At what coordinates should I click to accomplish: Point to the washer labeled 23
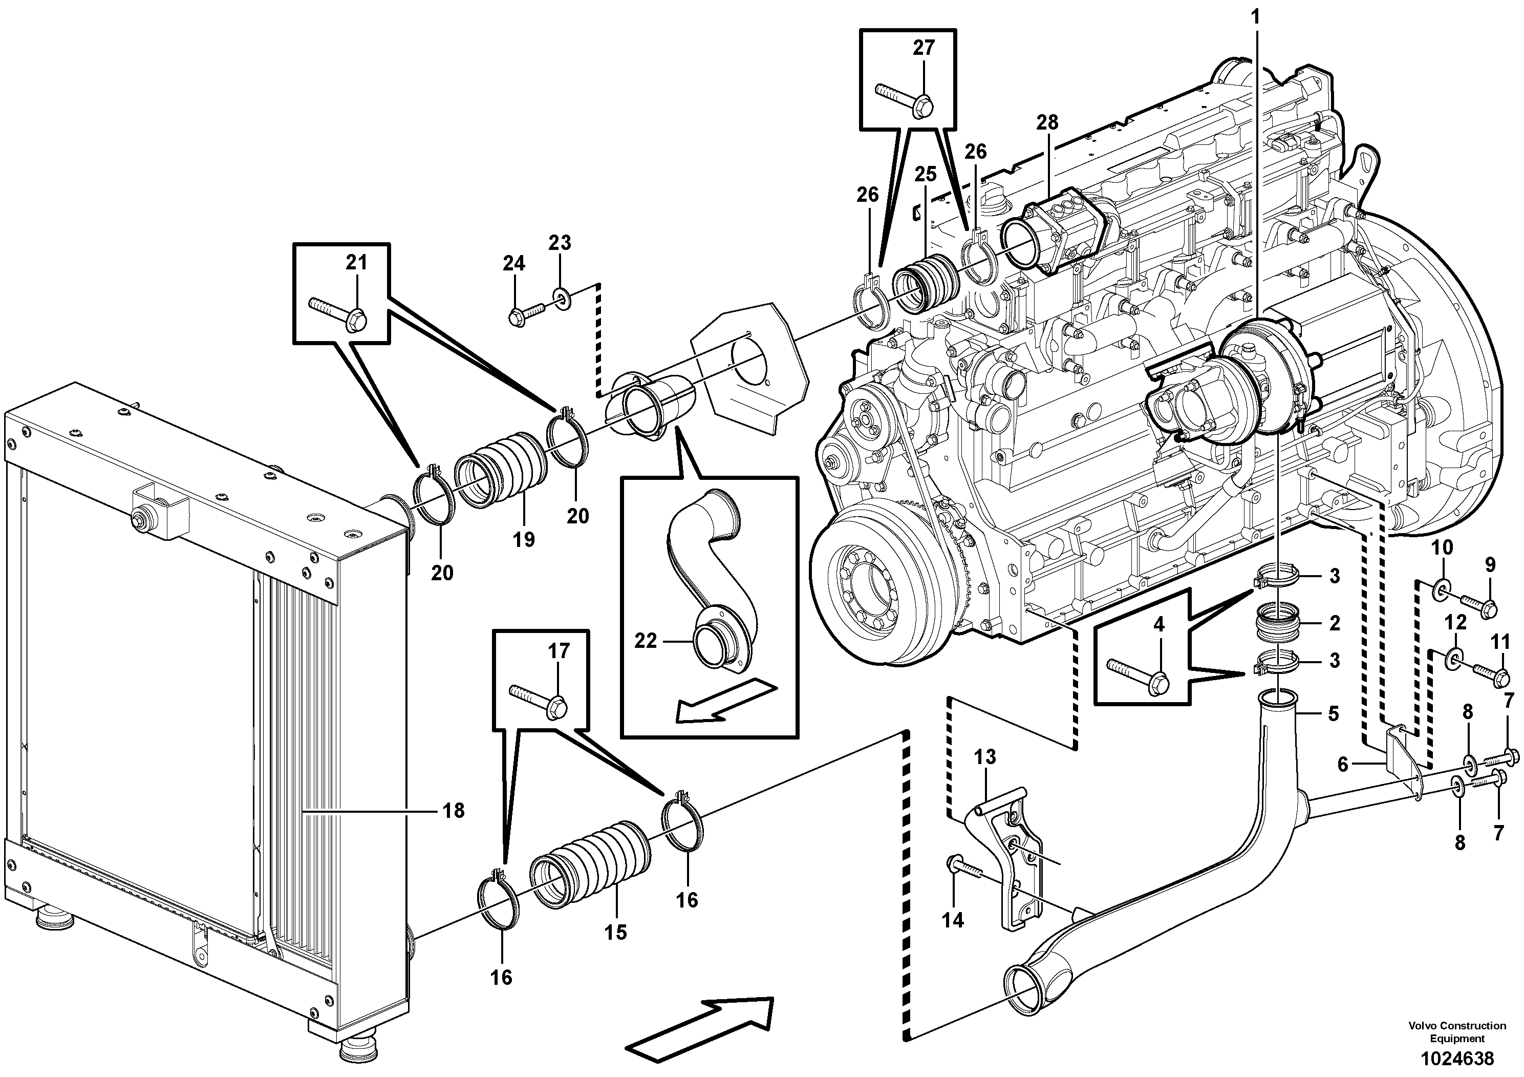[561, 300]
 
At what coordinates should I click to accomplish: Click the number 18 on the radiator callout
[454, 811]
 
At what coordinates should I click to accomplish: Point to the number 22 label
[645, 641]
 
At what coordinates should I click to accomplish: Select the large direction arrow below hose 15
[700, 1037]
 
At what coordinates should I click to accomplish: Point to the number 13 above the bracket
[985, 757]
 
